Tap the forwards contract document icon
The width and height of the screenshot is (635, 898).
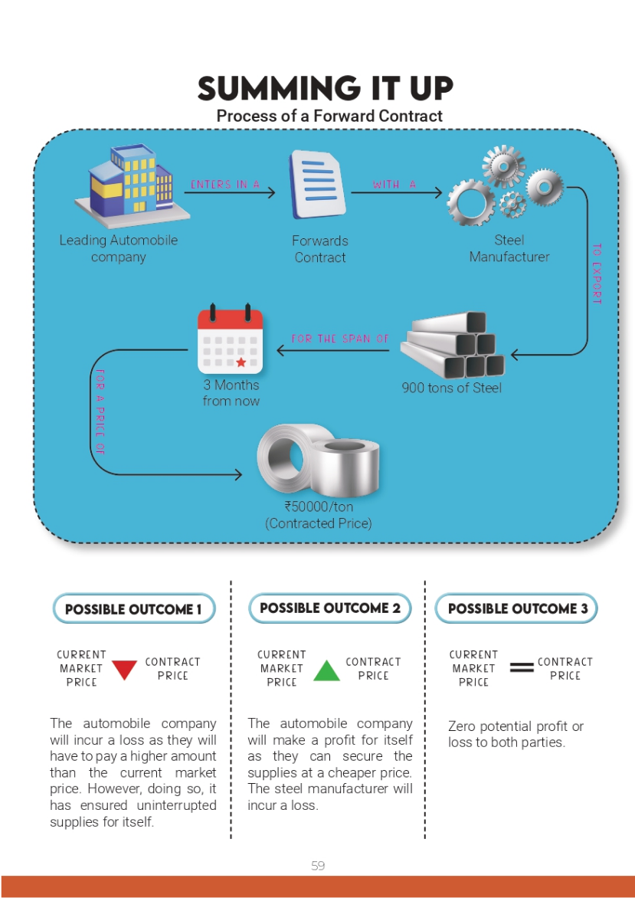[x=316, y=185]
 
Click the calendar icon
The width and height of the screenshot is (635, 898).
[x=230, y=339]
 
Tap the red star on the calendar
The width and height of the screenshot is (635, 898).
[x=241, y=362]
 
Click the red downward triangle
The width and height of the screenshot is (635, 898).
[x=124, y=670]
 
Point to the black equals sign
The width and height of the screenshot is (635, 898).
[x=522, y=668]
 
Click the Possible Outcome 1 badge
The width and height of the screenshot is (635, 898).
[x=133, y=609]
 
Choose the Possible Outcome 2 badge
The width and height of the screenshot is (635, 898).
[x=330, y=608]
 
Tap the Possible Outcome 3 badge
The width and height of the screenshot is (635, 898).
[x=516, y=609]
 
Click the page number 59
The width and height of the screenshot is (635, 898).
[x=318, y=866]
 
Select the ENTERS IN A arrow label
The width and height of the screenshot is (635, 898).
[x=225, y=185]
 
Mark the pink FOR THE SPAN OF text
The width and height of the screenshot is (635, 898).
[x=340, y=339]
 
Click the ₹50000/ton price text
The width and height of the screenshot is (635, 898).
[x=319, y=507]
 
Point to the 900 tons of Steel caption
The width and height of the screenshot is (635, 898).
[x=452, y=388]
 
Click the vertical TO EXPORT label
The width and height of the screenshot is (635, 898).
[x=597, y=274]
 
